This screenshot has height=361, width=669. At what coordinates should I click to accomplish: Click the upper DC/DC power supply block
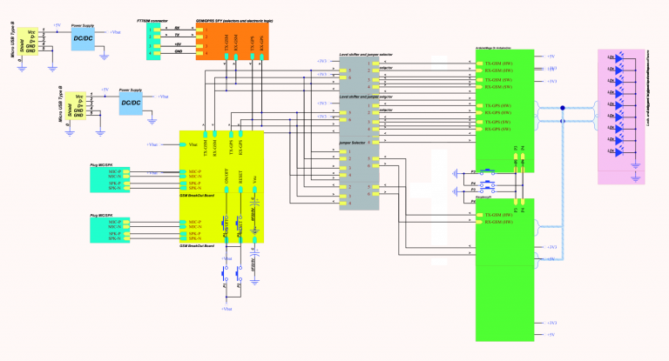(x=84, y=40)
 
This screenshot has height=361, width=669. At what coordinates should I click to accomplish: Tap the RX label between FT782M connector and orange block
(x=178, y=29)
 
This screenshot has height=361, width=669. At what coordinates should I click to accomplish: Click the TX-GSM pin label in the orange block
(x=226, y=44)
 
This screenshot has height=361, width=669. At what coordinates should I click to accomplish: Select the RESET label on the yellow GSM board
(x=240, y=175)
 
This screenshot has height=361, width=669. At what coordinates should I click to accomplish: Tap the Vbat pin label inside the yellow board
(x=193, y=144)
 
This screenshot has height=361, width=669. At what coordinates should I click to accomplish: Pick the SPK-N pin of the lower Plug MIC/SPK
(x=114, y=239)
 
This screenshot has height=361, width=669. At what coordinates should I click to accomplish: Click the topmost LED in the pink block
(x=612, y=58)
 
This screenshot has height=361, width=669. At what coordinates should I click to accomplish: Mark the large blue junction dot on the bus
(x=563, y=108)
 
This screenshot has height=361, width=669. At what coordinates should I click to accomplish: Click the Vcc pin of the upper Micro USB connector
(x=31, y=31)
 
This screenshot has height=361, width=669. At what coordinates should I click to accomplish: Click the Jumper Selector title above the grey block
(x=353, y=140)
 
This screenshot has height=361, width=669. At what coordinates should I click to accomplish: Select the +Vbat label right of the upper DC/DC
(x=115, y=31)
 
